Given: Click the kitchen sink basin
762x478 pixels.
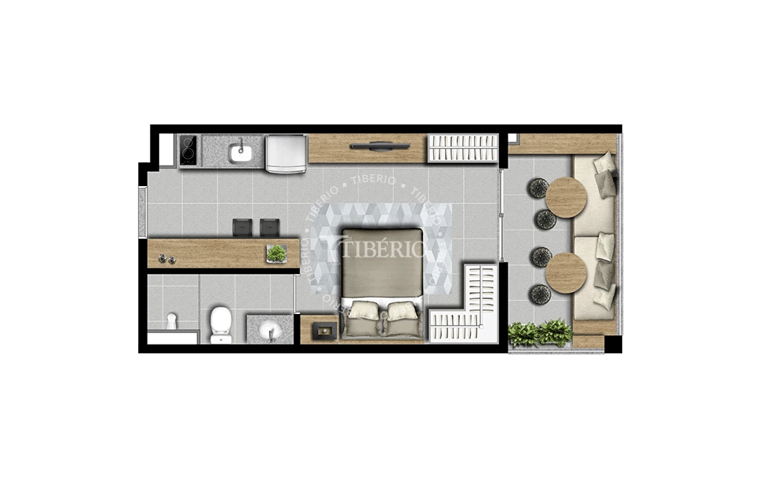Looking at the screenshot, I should pos(240,152).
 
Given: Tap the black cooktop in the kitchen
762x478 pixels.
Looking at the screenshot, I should pos(188,150).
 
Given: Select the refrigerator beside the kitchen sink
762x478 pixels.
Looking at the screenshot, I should pos(285,152).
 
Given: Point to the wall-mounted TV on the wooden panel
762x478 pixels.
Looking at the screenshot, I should pos(378,145).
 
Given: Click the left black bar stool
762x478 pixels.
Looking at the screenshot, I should pos(242,227).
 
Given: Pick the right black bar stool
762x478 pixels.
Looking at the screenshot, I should pos(269,227).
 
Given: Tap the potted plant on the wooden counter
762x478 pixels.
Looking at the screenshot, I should pos(276,253).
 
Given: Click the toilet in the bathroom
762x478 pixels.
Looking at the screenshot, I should pos(221,323).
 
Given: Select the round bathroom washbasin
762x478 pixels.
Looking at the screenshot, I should pos(270,327).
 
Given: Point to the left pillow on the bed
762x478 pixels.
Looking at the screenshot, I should pos(363,310).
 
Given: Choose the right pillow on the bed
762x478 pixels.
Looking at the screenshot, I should pos(402,310).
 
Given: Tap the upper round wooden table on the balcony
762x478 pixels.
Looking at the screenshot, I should pos(566,197).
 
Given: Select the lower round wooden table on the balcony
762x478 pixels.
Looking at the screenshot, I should pos(566,272).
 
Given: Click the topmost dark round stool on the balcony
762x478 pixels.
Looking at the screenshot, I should pos(539,188).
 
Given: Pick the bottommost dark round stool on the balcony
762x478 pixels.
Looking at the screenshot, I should pos(539,294).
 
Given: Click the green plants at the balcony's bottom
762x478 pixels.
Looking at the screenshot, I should pos(540,333).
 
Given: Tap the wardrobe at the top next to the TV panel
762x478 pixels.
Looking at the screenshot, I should pos(462,148).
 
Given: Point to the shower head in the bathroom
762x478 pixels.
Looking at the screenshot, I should pos(172,321).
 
